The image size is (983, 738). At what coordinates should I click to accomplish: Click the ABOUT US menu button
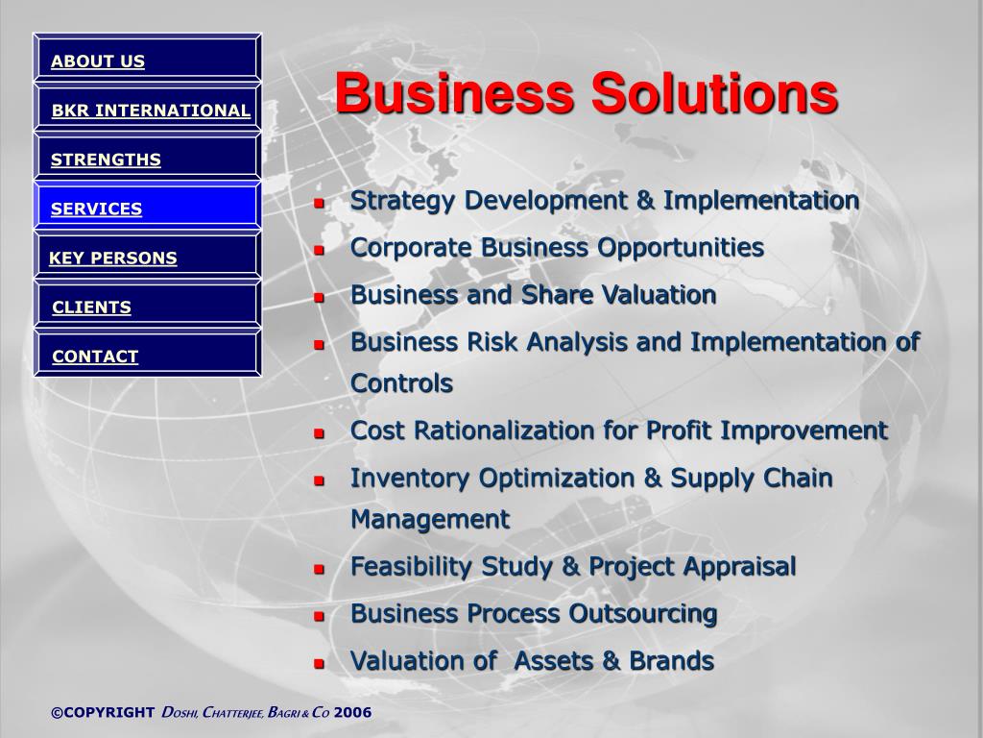[x=147, y=57]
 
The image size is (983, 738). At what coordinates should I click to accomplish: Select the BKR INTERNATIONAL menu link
[x=147, y=107]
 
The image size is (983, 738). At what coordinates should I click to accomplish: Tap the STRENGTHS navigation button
[x=147, y=156]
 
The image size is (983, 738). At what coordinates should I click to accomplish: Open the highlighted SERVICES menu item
[x=147, y=206]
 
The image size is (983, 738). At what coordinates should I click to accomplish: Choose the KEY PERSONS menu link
[x=147, y=254]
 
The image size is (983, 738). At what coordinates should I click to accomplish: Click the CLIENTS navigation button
[x=147, y=304]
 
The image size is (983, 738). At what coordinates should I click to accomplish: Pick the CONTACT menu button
[x=147, y=353]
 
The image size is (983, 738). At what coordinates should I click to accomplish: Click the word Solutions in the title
[x=714, y=93]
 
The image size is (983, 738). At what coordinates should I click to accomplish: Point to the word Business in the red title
[x=454, y=93]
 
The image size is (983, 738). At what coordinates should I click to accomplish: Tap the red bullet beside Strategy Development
[x=319, y=204]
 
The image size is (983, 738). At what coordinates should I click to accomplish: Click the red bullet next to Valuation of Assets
[x=319, y=663]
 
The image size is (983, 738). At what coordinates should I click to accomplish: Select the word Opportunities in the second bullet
[x=681, y=248]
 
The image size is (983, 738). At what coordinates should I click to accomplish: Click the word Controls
[x=402, y=382]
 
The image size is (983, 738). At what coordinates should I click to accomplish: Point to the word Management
[x=430, y=520]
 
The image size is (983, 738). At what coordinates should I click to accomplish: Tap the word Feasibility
[x=411, y=567]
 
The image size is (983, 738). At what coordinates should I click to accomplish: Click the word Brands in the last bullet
[x=671, y=661]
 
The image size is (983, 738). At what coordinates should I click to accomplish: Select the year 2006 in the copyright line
[x=353, y=712]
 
